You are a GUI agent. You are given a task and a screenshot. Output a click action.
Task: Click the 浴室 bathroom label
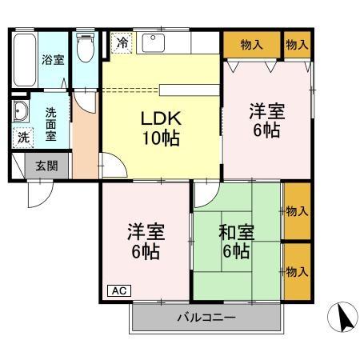[53, 59]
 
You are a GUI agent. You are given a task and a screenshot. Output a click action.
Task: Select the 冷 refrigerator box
[122, 42]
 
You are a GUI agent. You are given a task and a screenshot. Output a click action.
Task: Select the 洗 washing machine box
[23, 137]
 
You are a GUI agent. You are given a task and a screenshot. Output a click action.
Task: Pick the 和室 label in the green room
[236, 233]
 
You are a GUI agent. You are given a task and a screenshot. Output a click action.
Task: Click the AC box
[117, 290]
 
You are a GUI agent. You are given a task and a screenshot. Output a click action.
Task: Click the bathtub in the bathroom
[23, 61]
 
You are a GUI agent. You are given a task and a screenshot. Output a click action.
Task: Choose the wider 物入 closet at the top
[251, 43]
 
